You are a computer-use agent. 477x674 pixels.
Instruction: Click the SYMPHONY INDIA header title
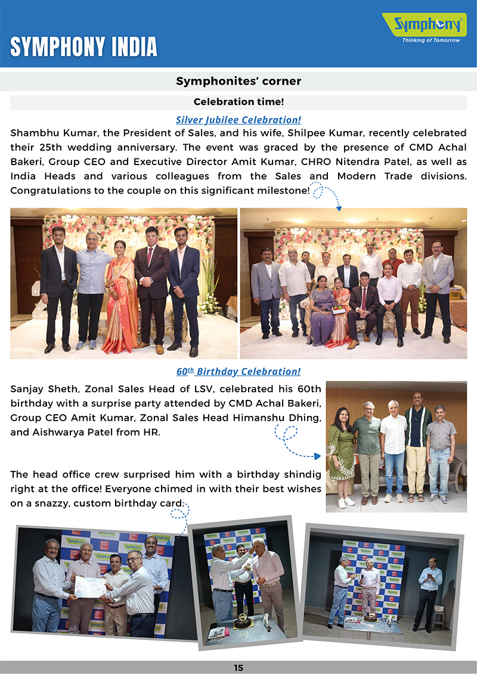pos(83,46)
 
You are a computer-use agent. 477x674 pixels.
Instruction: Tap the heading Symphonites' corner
pos(238,81)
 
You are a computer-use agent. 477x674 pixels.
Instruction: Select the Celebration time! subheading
pos(238,102)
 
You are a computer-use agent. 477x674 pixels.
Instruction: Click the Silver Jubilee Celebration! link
pos(238,120)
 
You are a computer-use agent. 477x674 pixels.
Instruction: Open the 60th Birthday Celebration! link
pos(238,371)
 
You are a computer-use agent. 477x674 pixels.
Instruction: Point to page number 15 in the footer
pos(238,668)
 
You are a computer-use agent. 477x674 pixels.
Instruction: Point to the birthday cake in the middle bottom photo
pos(243,620)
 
